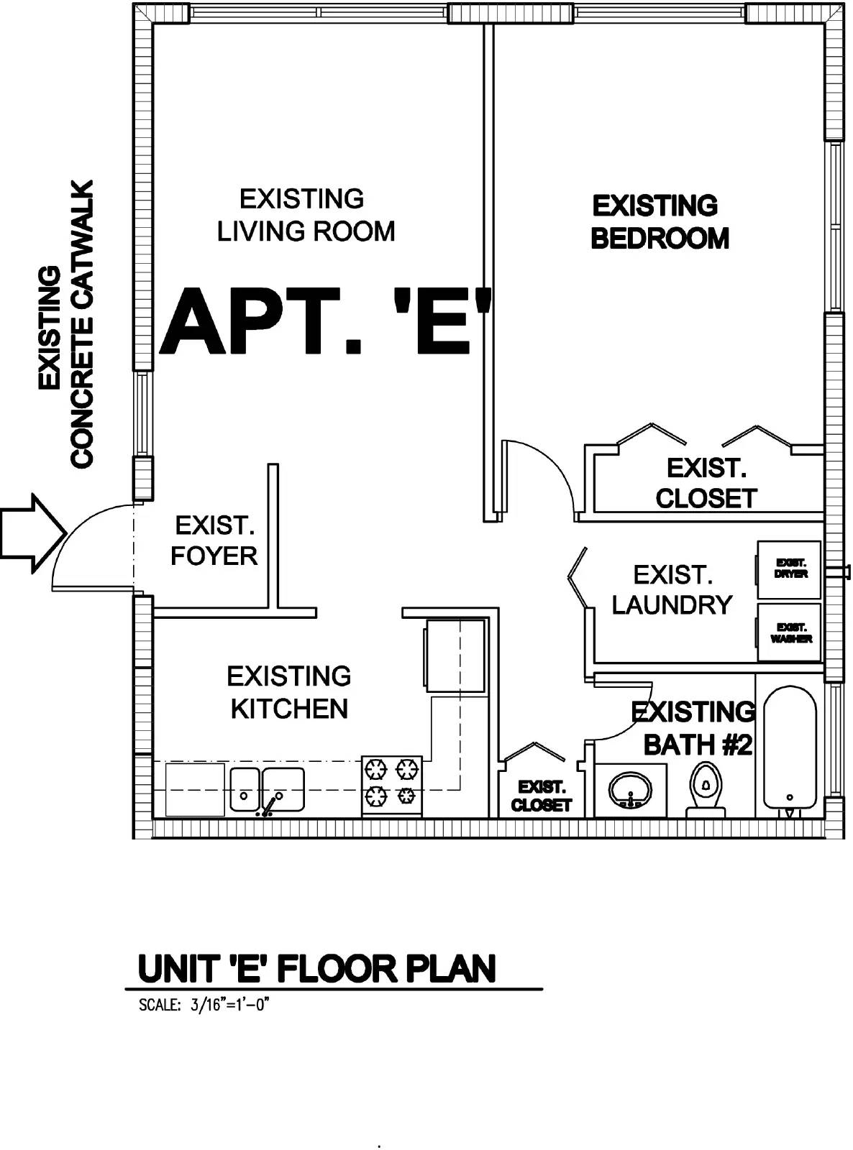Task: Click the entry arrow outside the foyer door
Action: [x=33, y=533]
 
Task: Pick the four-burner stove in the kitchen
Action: [x=392, y=786]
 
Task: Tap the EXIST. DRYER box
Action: [x=789, y=569]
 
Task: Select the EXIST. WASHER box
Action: [x=789, y=632]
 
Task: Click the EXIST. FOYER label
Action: [x=214, y=540]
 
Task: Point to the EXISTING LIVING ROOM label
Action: [x=305, y=215]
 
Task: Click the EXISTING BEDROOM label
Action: [x=660, y=222]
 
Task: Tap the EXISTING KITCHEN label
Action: [x=289, y=693]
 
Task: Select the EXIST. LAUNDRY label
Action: [x=672, y=590]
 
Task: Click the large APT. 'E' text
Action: [x=325, y=322]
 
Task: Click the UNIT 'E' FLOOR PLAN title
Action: [x=317, y=969]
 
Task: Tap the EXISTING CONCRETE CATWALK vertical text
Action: [x=66, y=324]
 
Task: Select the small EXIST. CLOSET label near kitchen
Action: [x=541, y=796]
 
